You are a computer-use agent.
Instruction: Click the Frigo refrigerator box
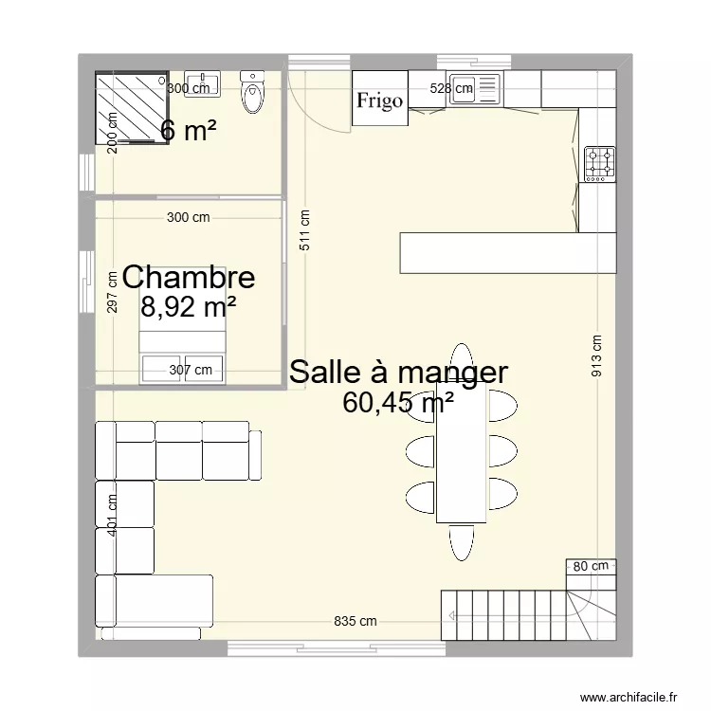379,100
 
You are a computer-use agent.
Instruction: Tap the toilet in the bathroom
253,93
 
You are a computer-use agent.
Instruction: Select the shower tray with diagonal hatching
132,107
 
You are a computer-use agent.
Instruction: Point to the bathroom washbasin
202,83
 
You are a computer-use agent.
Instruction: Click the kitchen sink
474,88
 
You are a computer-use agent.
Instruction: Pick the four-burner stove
599,162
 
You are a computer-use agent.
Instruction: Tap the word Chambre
189,278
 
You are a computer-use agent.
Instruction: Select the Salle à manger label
398,372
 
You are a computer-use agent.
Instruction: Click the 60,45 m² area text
398,404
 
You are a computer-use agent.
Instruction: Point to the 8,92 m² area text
189,306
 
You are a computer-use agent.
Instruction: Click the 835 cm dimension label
355,622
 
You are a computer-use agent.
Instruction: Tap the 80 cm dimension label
591,566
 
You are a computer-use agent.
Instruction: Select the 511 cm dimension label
304,229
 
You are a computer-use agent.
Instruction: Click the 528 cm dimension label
451,89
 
